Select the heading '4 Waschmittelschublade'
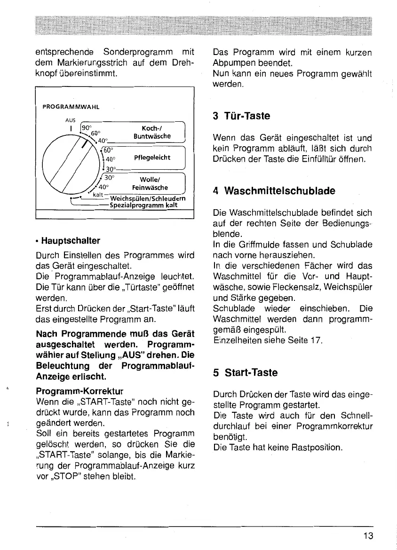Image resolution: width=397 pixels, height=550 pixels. (274, 191)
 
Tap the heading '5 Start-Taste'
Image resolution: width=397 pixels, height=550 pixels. (245, 373)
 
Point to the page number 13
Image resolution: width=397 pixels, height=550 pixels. (368, 536)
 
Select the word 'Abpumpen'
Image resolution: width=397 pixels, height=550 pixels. (234, 63)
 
